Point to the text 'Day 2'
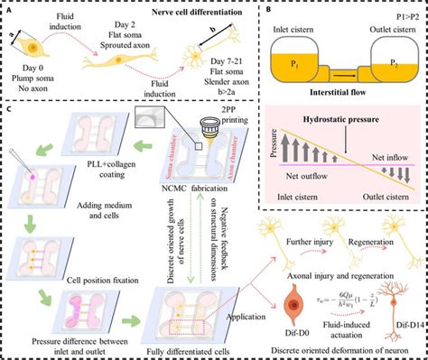coord(119,33)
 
